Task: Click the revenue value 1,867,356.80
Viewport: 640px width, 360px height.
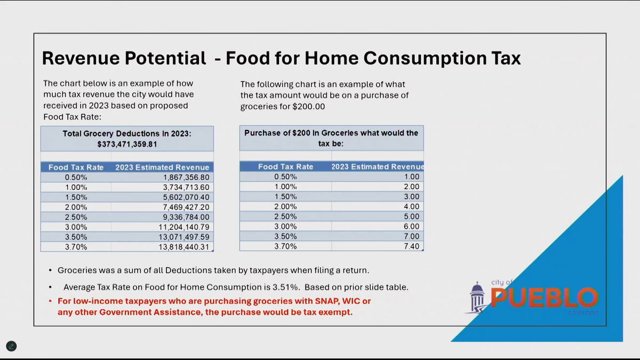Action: click(186, 177)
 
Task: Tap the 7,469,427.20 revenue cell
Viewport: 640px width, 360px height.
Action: click(186, 207)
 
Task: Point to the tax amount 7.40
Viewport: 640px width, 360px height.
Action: click(412, 246)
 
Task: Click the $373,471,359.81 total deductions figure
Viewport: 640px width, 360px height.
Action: click(127, 144)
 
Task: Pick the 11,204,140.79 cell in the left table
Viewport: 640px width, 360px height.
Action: click(185, 227)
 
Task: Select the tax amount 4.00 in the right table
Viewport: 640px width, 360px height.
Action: click(412, 206)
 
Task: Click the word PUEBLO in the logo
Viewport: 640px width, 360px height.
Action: click(544, 298)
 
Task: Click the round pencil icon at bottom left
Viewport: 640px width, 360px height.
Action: click(11, 346)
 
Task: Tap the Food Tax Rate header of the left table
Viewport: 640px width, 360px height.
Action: click(76, 167)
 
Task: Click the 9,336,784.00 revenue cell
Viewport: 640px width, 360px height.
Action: click(186, 217)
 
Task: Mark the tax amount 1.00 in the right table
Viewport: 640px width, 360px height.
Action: click(412, 177)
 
